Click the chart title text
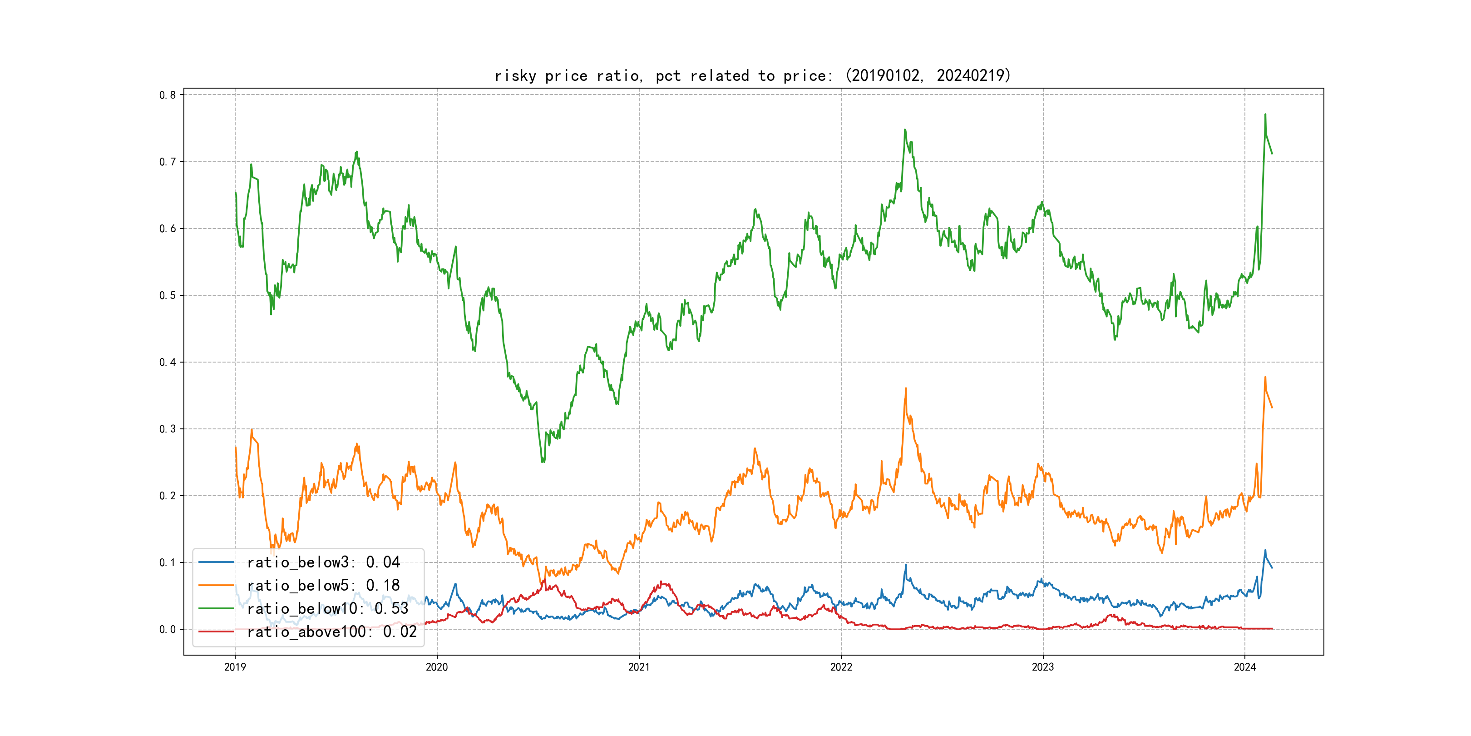point(752,75)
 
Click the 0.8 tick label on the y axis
point(168,95)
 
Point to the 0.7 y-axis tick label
point(168,162)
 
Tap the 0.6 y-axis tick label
point(168,229)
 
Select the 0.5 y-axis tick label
point(168,295)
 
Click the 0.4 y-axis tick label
point(168,362)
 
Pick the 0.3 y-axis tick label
point(168,429)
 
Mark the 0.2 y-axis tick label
point(168,495)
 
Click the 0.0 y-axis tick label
point(168,629)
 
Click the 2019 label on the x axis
point(235,667)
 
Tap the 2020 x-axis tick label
point(437,667)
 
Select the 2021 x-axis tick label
point(639,667)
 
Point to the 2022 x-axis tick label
point(840,667)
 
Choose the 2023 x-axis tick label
point(1043,667)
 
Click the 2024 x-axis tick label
point(1245,667)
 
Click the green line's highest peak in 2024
point(1265,115)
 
